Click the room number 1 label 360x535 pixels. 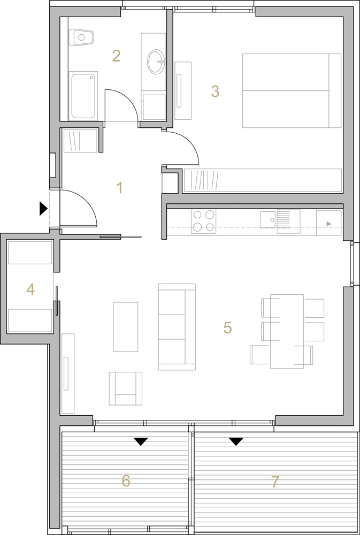pos(119,188)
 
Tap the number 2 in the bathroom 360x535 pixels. pos(117,56)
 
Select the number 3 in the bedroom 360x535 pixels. pos(215,91)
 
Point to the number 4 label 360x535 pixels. pos(30,289)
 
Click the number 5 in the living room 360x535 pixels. pos(227,327)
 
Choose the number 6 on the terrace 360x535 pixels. pos(126,481)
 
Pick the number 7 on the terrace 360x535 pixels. pos(275,482)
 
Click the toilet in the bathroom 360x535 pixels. pos(81,37)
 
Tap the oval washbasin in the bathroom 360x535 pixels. pos(156,62)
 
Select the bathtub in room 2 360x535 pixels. pos(83,96)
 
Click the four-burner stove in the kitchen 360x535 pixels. pos(203,221)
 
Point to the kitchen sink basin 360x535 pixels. pos(268,219)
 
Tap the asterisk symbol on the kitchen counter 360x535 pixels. pos(328,224)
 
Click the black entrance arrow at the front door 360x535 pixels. pos(43,209)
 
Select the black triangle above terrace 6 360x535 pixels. pos(141,442)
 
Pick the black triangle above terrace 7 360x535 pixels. pos(236,442)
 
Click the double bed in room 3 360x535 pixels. pos(292,91)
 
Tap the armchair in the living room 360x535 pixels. pos(126,388)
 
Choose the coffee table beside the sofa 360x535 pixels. pos(126,327)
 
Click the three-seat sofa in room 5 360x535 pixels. pos(177,327)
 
